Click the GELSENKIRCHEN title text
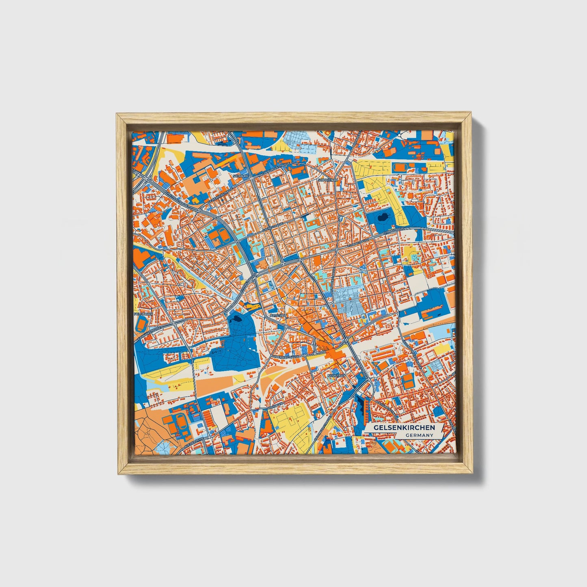tap(404, 428)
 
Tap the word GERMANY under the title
tap(419, 435)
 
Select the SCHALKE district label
tap(240, 176)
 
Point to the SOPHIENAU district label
tap(328, 179)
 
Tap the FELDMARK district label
tap(142, 314)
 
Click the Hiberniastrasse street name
tap(286, 356)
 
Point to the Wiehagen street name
tap(275, 406)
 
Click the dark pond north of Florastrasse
tap(383, 219)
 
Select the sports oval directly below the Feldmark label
tap(141, 324)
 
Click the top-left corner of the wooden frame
tap(118, 115)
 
